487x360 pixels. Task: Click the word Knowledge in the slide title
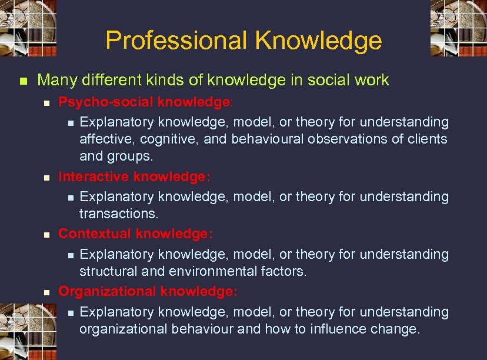coord(318,41)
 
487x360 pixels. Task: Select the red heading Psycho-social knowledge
coord(145,102)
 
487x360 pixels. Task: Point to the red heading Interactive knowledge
coord(134,176)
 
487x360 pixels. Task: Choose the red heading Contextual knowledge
coord(135,234)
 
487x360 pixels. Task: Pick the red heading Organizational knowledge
coord(148,291)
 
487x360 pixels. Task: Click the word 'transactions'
coord(118,214)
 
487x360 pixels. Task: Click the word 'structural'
coord(106,271)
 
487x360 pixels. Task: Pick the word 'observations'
coord(357,139)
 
